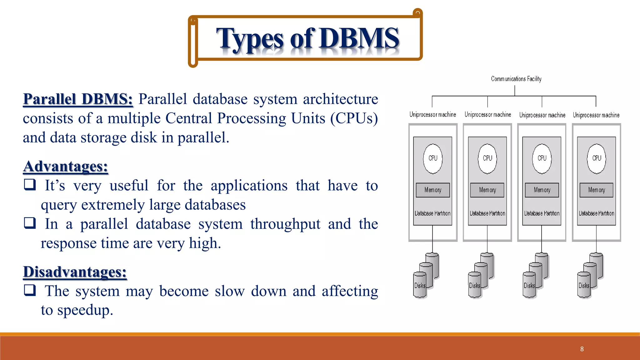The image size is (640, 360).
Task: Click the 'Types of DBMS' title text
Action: [x=307, y=39]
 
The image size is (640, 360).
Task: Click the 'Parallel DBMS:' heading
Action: [x=78, y=99]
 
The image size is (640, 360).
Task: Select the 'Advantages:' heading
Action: [x=66, y=166]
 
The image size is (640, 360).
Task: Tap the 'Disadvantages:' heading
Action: [x=75, y=272]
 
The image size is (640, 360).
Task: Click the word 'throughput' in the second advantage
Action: [x=285, y=224]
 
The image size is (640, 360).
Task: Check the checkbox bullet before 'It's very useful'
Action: [x=30, y=184]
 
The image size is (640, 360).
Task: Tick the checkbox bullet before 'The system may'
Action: [x=30, y=290]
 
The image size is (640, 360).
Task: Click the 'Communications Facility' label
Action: [x=516, y=79]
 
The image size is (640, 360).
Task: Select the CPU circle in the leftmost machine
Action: [x=433, y=158]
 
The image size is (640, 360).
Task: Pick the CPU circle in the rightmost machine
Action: [x=596, y=158]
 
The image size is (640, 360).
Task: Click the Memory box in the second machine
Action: [x=487, y=190]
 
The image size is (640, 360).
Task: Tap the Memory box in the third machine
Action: [x=542, y=190]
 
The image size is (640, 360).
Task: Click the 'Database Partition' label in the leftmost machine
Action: [x=432, y=213]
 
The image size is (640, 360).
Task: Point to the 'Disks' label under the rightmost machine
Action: [x=583, y=286]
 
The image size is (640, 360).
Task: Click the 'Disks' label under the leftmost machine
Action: [x=420, y=286]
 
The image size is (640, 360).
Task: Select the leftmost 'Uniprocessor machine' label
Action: [x=432, y=115]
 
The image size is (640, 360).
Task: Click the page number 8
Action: [x=582, y=349]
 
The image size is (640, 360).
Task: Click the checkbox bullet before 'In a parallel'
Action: [x=30, y=223]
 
